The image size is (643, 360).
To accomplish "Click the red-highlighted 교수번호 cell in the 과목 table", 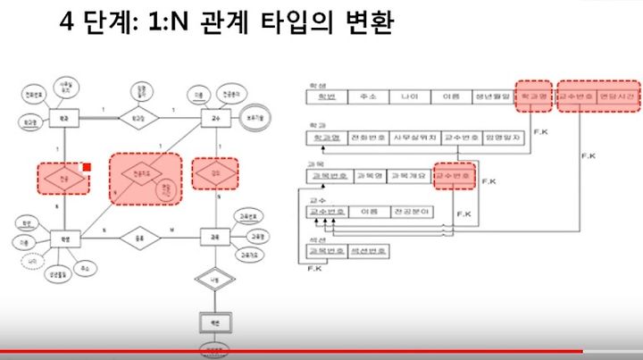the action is tap(454, 176).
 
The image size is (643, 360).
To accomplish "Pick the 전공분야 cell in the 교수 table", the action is tap(411, 213).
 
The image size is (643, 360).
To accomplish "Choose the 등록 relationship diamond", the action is tap(142, 238).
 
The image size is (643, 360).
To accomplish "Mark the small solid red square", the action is tap(87, 166).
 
